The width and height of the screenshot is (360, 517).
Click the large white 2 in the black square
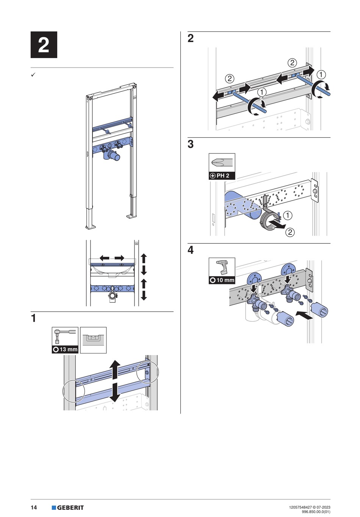[44, 44]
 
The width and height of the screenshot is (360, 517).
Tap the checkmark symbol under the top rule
[33, 75]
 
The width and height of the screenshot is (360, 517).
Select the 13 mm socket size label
[65, 349]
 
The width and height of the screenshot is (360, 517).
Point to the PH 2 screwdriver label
[222, 176]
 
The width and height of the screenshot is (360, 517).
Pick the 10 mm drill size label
[222, 280]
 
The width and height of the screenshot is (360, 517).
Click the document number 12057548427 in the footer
[299, 506]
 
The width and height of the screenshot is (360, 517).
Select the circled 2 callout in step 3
[290, 232]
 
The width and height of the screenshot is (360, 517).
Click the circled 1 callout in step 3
[288, 215]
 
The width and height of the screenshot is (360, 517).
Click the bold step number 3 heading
[191, 144]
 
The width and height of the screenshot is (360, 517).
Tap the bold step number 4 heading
[191, 250]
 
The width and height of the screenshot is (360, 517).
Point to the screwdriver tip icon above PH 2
[222, 163]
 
